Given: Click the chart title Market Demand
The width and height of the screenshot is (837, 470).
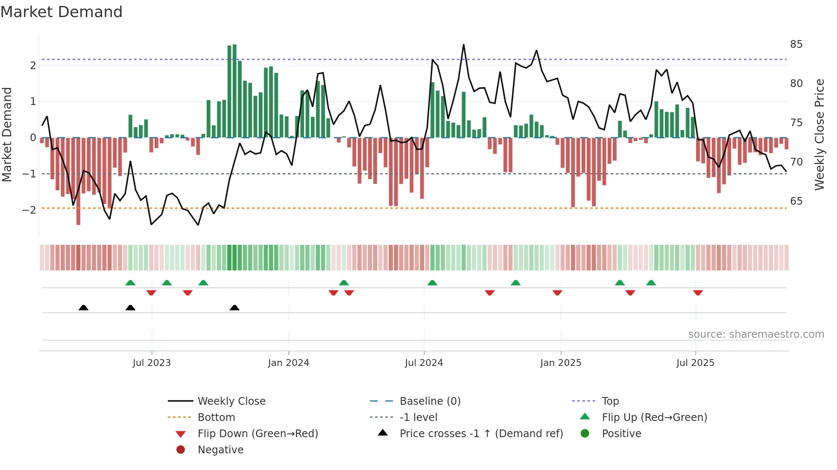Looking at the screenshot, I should pyautogui.click(x=61, y=12).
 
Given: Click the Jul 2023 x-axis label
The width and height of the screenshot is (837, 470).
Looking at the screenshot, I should pyautogui.click(x=152, y=363).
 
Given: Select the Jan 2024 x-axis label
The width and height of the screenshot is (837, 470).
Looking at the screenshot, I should pyautogui.click(x=288, y=363).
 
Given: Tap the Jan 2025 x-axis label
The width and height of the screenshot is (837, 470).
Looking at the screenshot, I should pyautogui.click(x=560, y=363).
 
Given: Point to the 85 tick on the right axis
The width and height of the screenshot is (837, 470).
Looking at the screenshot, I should pyautogui.click(x=796, y=44).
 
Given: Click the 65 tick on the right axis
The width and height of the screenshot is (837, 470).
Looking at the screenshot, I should pyautogui.click(x=796, y=201).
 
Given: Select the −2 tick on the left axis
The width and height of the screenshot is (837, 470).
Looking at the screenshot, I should pyautogui.click(x=29, y=210).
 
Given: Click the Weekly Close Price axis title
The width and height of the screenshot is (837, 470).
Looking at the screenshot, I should pyautogui.click(x=819, y=134).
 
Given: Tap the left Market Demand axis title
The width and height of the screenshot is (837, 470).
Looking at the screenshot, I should pyautogui.click(x=7, y=134).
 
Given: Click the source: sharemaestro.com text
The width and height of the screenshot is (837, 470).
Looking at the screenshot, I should pyautogui.click(x=756, y=334).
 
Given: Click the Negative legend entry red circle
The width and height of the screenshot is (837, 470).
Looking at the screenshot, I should pyautogui.click(x=181, y=450).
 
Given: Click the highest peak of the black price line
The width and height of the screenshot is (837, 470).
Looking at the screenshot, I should pyautogui.click(x=463, y=45).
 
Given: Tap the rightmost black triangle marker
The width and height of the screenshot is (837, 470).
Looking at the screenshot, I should pyautogui.click(x=234, y=308).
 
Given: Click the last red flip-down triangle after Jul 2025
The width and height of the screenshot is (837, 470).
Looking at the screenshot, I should pyautogui.click(x=698, y=293).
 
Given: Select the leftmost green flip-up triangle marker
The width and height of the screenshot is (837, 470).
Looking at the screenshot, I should pyautogui.click(x=130, y=283).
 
